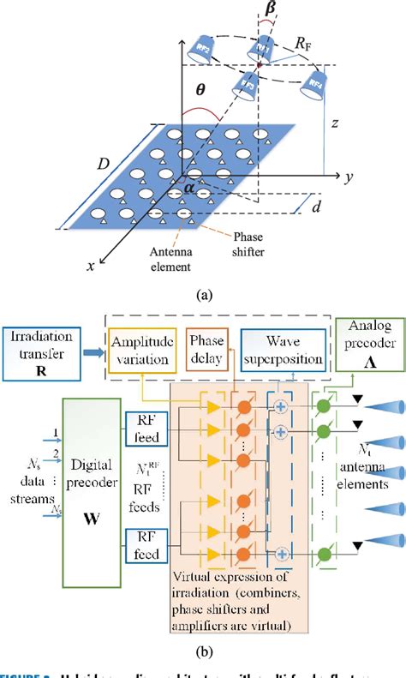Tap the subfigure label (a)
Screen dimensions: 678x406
[204, 294]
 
